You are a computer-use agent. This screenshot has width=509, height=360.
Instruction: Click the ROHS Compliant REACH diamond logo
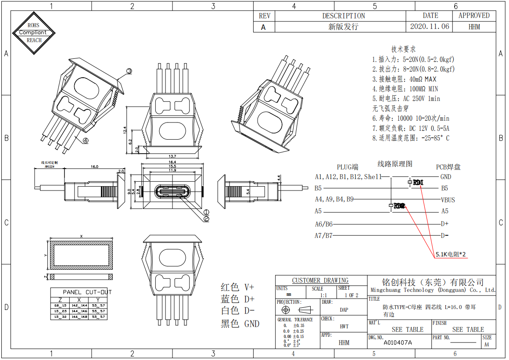click(x=34, y=32)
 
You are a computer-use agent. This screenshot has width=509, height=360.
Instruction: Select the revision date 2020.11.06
click(x=430, y=26)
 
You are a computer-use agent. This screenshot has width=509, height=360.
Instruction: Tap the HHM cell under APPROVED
click(x=474, y=26)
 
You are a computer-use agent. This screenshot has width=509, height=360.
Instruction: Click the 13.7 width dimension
click(x=172, y=156)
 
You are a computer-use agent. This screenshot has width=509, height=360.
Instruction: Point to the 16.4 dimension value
click(x=172, y=162)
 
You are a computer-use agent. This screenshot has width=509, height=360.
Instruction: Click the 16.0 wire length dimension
click(x=94, y=167)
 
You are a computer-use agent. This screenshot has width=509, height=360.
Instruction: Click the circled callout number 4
click(x=85, y=140)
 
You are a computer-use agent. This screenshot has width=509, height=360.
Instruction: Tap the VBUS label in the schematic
click(x=448, y=200)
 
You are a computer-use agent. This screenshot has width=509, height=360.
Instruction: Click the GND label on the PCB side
click(x=445, y=177)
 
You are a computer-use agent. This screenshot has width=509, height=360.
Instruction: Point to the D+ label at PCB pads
click(x=444, y=223)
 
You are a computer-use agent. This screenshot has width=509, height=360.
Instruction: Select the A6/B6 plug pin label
click(x=323, y=224)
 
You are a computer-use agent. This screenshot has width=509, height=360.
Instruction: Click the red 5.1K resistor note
click(x=451, y=254)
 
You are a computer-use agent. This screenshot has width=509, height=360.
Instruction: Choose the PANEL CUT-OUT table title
click(x=87, y=292)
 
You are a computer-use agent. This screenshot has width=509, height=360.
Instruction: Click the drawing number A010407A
click(x=398, y=342)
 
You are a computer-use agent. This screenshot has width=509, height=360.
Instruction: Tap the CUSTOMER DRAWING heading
click(x=320, y=281)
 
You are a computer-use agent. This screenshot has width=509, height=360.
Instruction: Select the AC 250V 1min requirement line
click(x=406, y=99)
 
